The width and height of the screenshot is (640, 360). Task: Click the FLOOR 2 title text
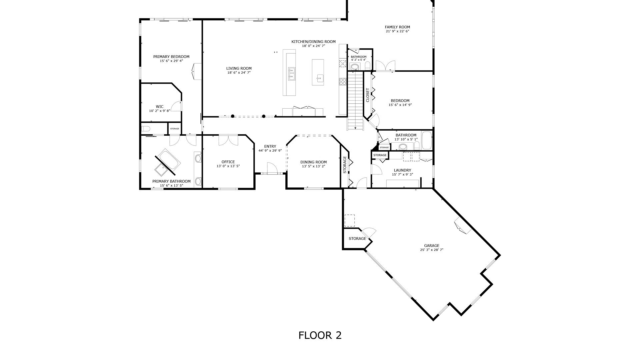(x=320, y=335)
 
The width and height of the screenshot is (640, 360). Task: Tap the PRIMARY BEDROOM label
(x=171, y=57)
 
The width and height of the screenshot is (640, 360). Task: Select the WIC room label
(x=160, y=107)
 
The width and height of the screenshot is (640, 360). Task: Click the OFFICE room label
(x=228, y=162)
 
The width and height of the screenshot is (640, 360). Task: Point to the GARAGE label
(x=432, y=246)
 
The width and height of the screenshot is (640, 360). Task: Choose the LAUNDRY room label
(x=402, y=170)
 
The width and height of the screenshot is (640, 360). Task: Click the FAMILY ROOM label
(x=397, y=27)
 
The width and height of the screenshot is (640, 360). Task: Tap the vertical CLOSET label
(x=368, y=95)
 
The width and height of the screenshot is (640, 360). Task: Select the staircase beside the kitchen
(x=356, y=101)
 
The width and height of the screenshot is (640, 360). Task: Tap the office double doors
(x=228, y=140)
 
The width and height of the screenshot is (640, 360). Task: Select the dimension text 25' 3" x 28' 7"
(x=432, y=250)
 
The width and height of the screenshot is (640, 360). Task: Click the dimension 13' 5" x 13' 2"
(x=313, y=166)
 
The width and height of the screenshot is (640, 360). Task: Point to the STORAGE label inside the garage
(x=357, y=239)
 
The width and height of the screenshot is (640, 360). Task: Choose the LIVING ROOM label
(x=239, y=69)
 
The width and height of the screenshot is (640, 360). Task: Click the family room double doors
(x=386, y=66)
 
